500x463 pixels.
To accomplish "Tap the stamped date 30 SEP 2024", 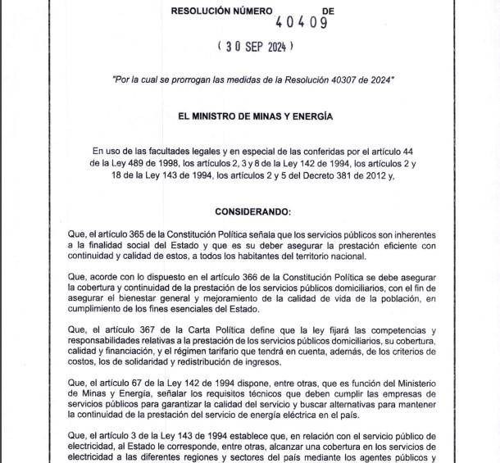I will [254, 48].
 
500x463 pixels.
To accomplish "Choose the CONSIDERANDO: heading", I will [253, 211].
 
